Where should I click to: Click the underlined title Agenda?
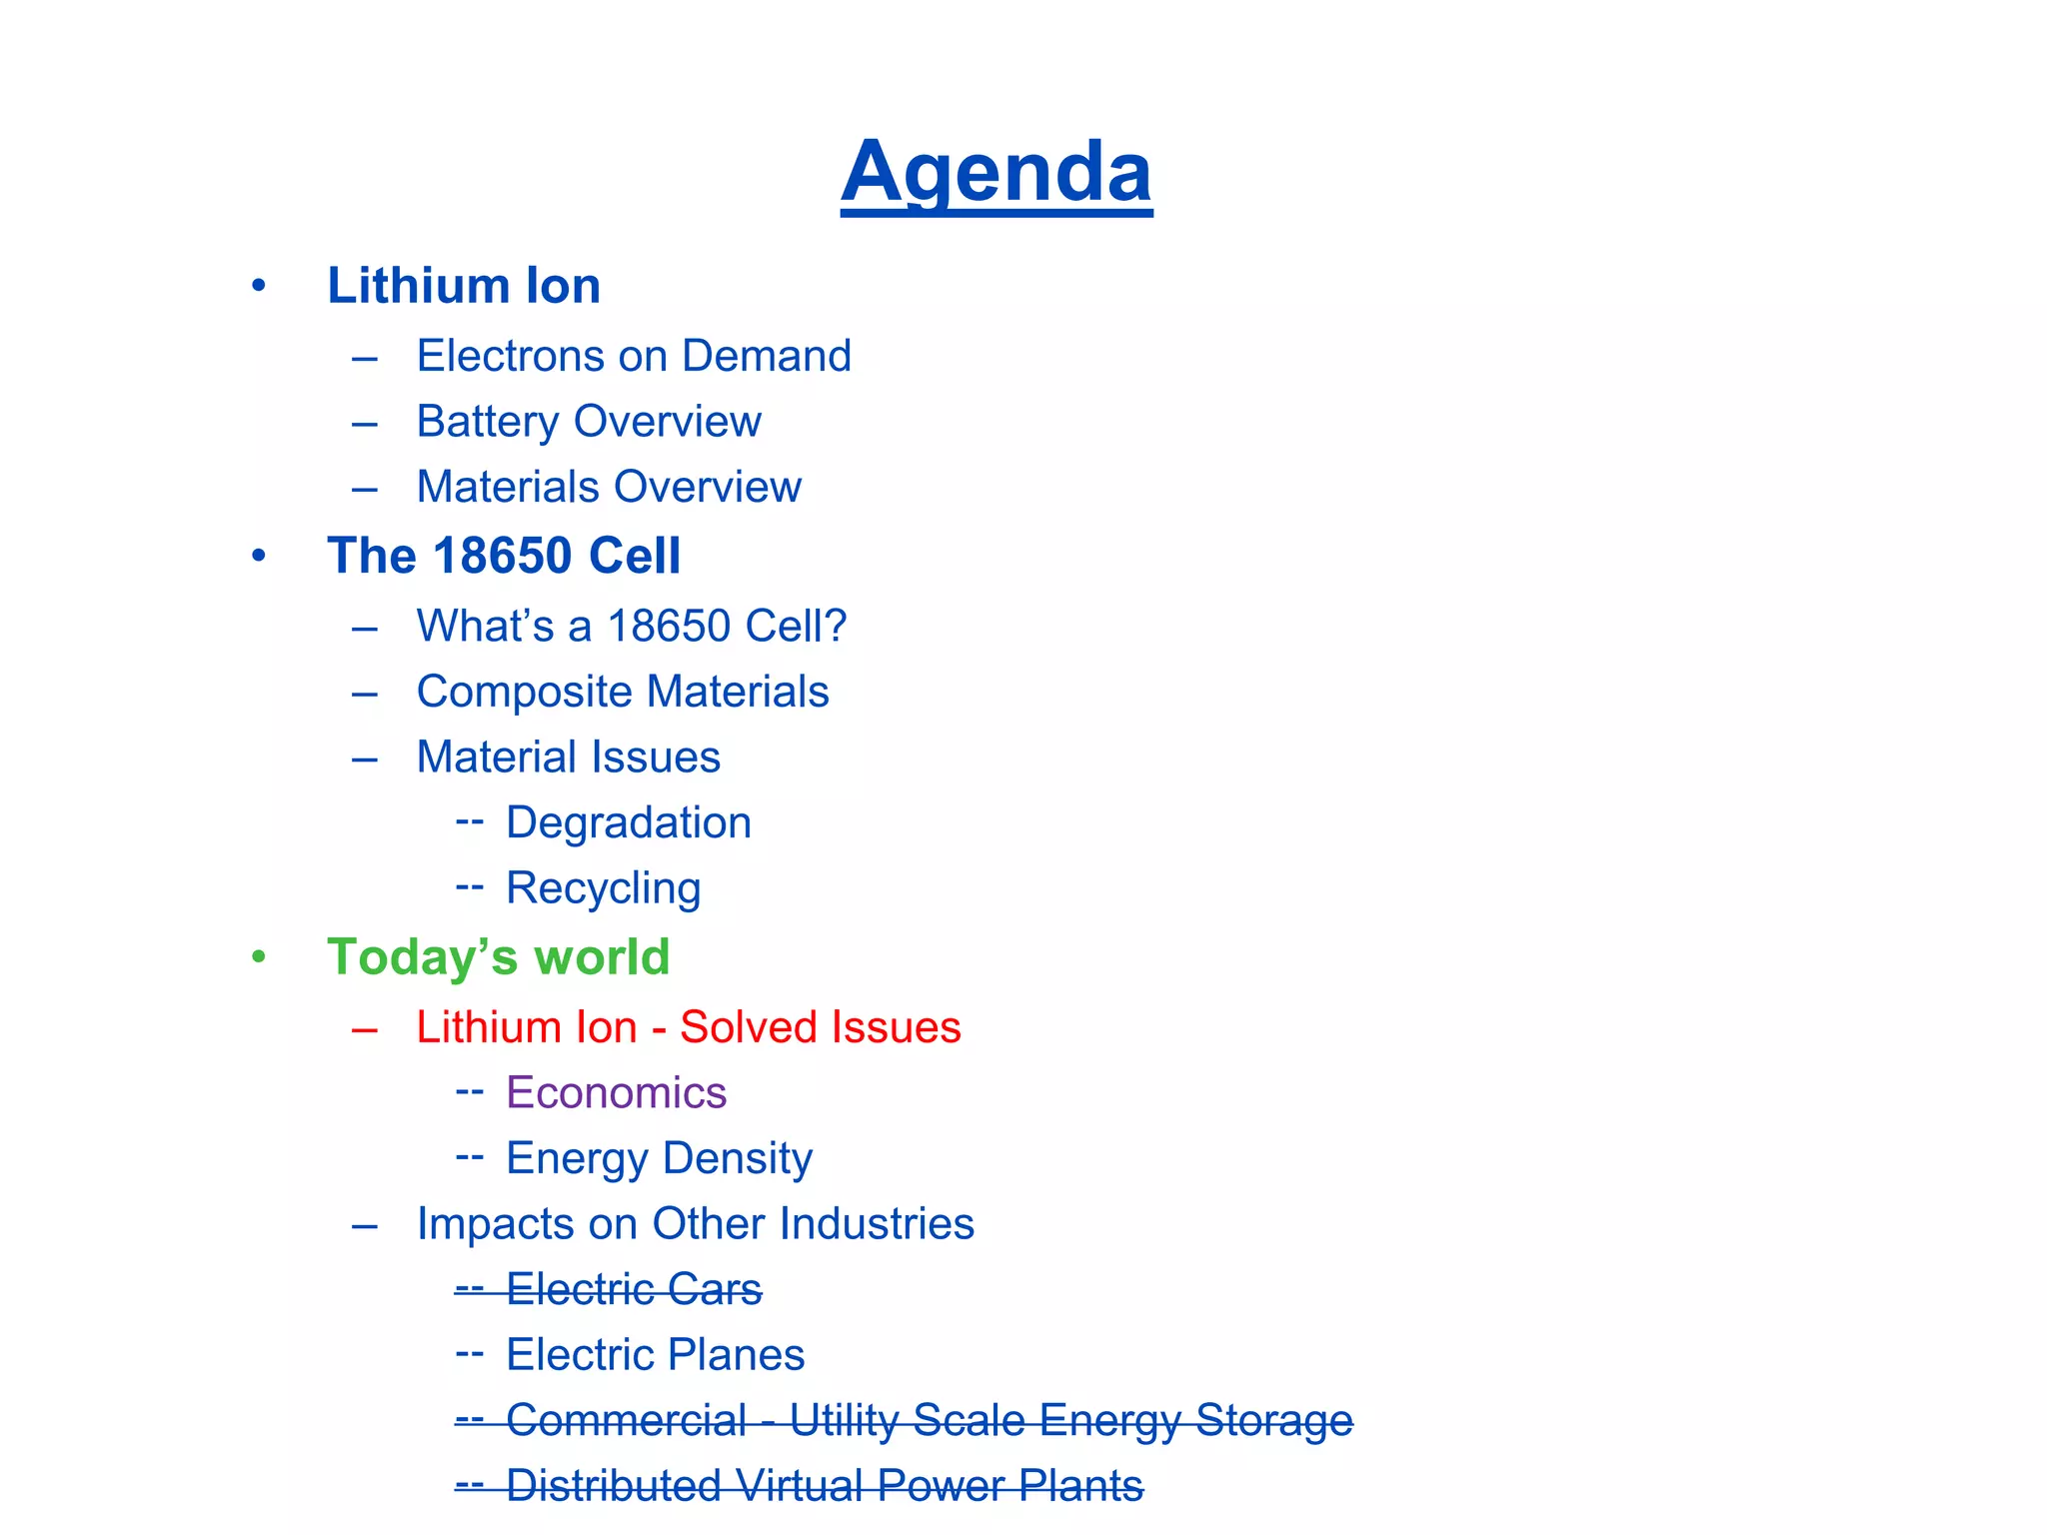click(x=997, y=172)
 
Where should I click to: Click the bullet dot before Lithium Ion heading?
click(x=259, y=287)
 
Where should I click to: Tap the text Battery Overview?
click(x=589, y=422)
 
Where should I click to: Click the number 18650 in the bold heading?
click(x=503, y=556)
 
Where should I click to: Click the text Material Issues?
click(x=568, y=758)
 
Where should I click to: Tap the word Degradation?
click(x=629, y=822)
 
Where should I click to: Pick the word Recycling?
click(x=604, y=888)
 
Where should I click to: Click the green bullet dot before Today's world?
click(x=259, y=957)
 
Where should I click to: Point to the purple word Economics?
click(x=616, y=1092)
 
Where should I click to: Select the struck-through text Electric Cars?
click(x=634, y=1289)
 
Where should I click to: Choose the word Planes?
click(x=736, y=1355)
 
